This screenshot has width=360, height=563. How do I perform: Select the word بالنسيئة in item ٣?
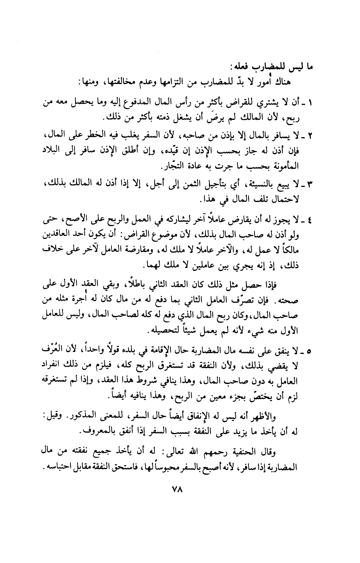pyautogui.click(x=269, y=184)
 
